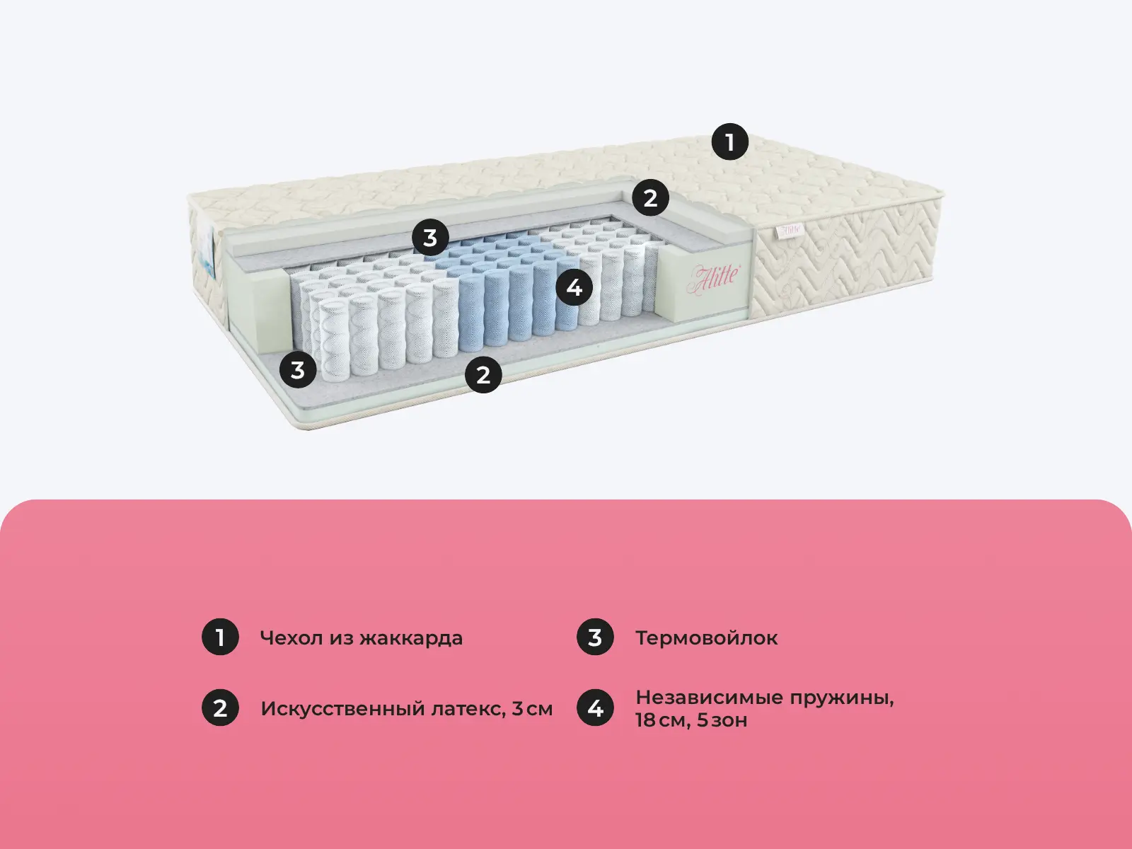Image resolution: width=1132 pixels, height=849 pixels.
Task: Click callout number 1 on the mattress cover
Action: [729, 141]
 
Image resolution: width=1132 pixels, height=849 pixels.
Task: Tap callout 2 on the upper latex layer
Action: [650, 197]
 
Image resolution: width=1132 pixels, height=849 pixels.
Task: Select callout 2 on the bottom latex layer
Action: [483, 375]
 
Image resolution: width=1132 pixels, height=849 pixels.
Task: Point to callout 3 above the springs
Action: [430, 238]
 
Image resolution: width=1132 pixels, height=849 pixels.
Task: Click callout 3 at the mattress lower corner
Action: [298, 369]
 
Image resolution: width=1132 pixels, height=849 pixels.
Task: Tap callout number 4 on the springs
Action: [574, 287]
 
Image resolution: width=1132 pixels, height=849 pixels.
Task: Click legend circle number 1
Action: [220, 637]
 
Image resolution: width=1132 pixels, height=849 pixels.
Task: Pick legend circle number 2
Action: [220, 707]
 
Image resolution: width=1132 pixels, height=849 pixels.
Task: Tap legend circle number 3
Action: [595, 637]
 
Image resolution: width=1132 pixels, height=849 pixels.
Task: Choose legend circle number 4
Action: [595, 707]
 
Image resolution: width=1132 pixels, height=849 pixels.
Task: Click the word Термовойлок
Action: [707, 637]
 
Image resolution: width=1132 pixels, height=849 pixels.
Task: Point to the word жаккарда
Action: [411, 638]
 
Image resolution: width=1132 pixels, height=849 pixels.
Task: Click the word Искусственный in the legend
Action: [343, 709]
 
